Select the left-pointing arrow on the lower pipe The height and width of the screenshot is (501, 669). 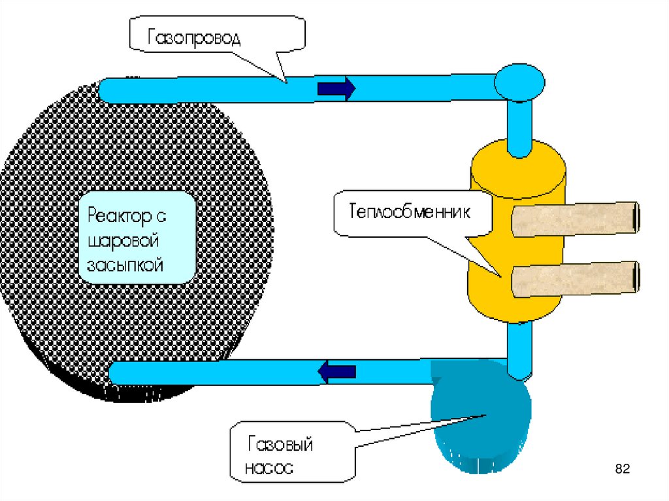(x=337, y=372)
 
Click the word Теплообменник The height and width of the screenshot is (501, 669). (x=410, y=213)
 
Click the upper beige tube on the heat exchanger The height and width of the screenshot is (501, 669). (x=575, y=219)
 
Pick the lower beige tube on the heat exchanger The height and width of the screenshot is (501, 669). (x=575, y=279)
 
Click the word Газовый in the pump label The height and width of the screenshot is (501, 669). (x=280, y=445)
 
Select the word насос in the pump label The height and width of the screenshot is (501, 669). (x=269, y=468)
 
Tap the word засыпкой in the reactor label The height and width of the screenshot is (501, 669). (x=125, y=265)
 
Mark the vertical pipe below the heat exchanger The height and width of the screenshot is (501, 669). (x=519, y=349)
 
